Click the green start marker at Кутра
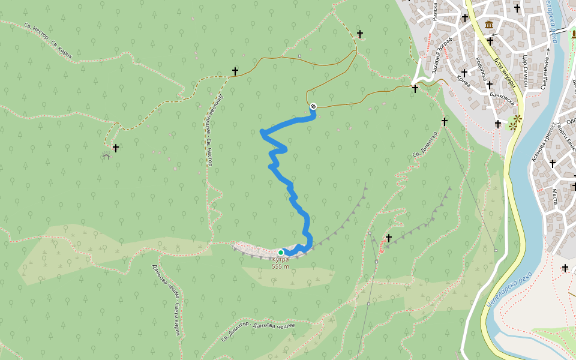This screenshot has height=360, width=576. tap(281, 253)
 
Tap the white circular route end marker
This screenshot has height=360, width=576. tap(313, 106)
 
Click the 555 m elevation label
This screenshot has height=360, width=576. tap(280, 267)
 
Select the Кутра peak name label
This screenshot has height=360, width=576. tap(280, 260)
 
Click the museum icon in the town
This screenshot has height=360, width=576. tap(490, 25)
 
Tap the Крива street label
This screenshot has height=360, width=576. tap(463, 80)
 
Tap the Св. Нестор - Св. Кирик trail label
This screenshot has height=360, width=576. tap(48, 42)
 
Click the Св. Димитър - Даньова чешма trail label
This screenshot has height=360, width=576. tap(257, 331)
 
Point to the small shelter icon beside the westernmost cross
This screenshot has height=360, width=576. tap(106, 156)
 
